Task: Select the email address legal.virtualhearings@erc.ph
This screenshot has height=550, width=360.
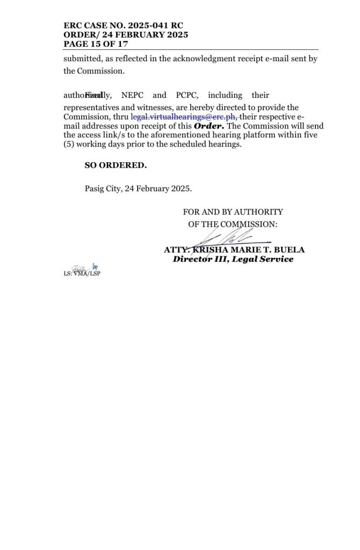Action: pos(184,116)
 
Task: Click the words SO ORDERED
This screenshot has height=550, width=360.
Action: pos(116,165)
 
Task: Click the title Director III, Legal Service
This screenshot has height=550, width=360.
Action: pos(233,259)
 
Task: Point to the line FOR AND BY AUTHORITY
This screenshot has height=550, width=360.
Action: pos(233,212)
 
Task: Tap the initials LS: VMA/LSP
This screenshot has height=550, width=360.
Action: pos(82,273)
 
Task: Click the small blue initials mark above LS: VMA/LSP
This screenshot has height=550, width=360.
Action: pos(95,266)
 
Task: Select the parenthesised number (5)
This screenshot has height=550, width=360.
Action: pos(70,145)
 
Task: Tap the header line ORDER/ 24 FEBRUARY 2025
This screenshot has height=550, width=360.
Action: pos(126,35)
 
